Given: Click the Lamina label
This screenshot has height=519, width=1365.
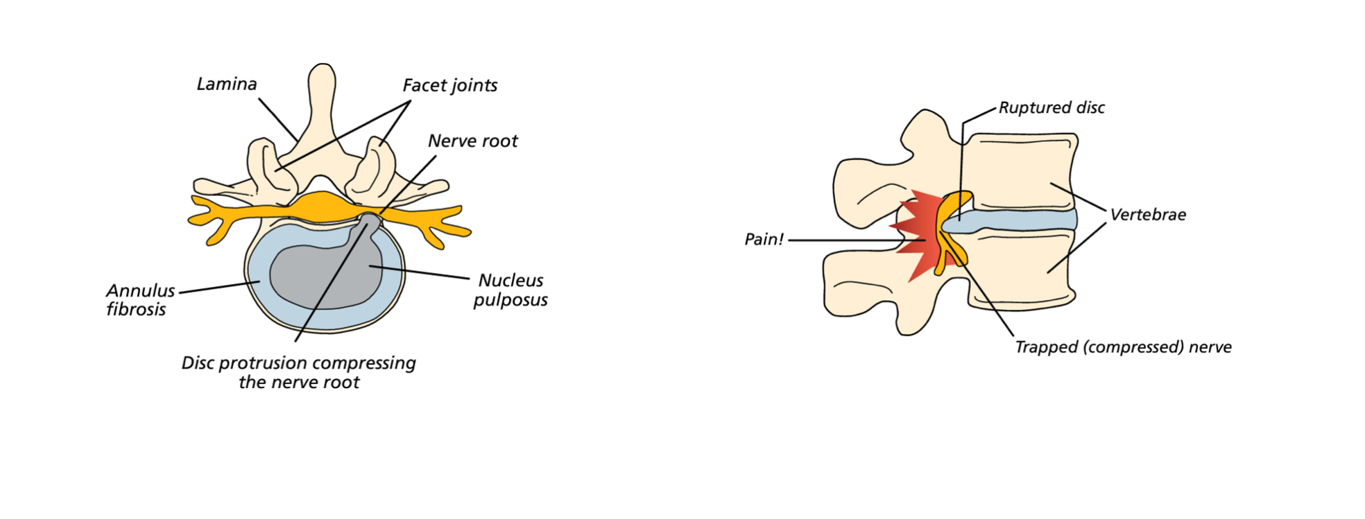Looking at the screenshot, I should [x=227, y=85].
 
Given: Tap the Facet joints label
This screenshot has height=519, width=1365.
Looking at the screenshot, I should [x=449, y=86].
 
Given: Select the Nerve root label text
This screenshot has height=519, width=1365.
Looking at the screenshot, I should [x=472, y=141].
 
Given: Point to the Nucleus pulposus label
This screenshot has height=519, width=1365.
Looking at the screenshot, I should [x=510, y=290].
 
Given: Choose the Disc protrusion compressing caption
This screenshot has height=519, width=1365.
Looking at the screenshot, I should [x=299, y=372].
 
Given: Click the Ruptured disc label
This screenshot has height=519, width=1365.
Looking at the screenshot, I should [x=1051, y=108].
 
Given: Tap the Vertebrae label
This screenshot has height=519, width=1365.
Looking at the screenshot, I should [x=1148, y=215].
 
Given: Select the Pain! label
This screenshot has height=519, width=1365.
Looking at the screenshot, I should [x=763, y=240].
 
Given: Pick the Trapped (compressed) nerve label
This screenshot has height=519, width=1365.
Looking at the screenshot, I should [x=1123, y=347].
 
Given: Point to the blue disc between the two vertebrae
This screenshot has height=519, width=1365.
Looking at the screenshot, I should [x=1020, y=220].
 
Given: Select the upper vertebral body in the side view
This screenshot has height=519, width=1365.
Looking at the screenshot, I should [x=1020, y=170].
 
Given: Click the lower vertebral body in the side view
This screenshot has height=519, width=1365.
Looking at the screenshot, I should [x=1020, y=270].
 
